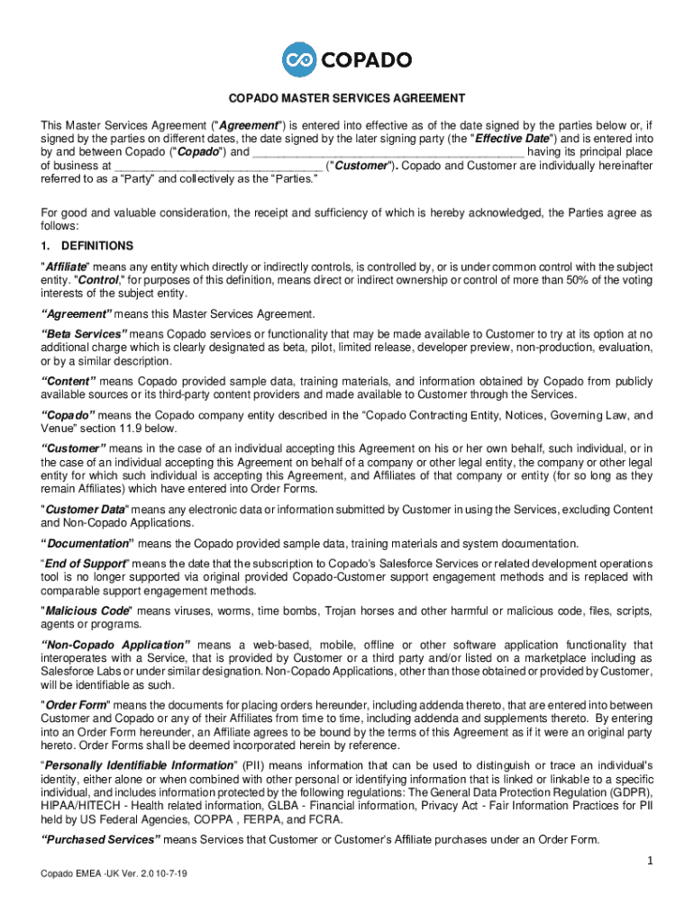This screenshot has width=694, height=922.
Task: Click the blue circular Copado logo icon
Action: click(x=298, y=59)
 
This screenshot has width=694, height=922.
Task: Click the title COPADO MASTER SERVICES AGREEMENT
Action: click(x=346, y=98)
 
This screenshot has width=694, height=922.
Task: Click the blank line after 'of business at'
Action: click(x=217, y=167)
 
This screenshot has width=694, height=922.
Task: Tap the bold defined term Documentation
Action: click(x=87, y=544)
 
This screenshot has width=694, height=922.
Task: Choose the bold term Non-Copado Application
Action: click(x=115, y=646)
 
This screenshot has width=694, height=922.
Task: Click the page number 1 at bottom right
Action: click(x=649, y=862)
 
